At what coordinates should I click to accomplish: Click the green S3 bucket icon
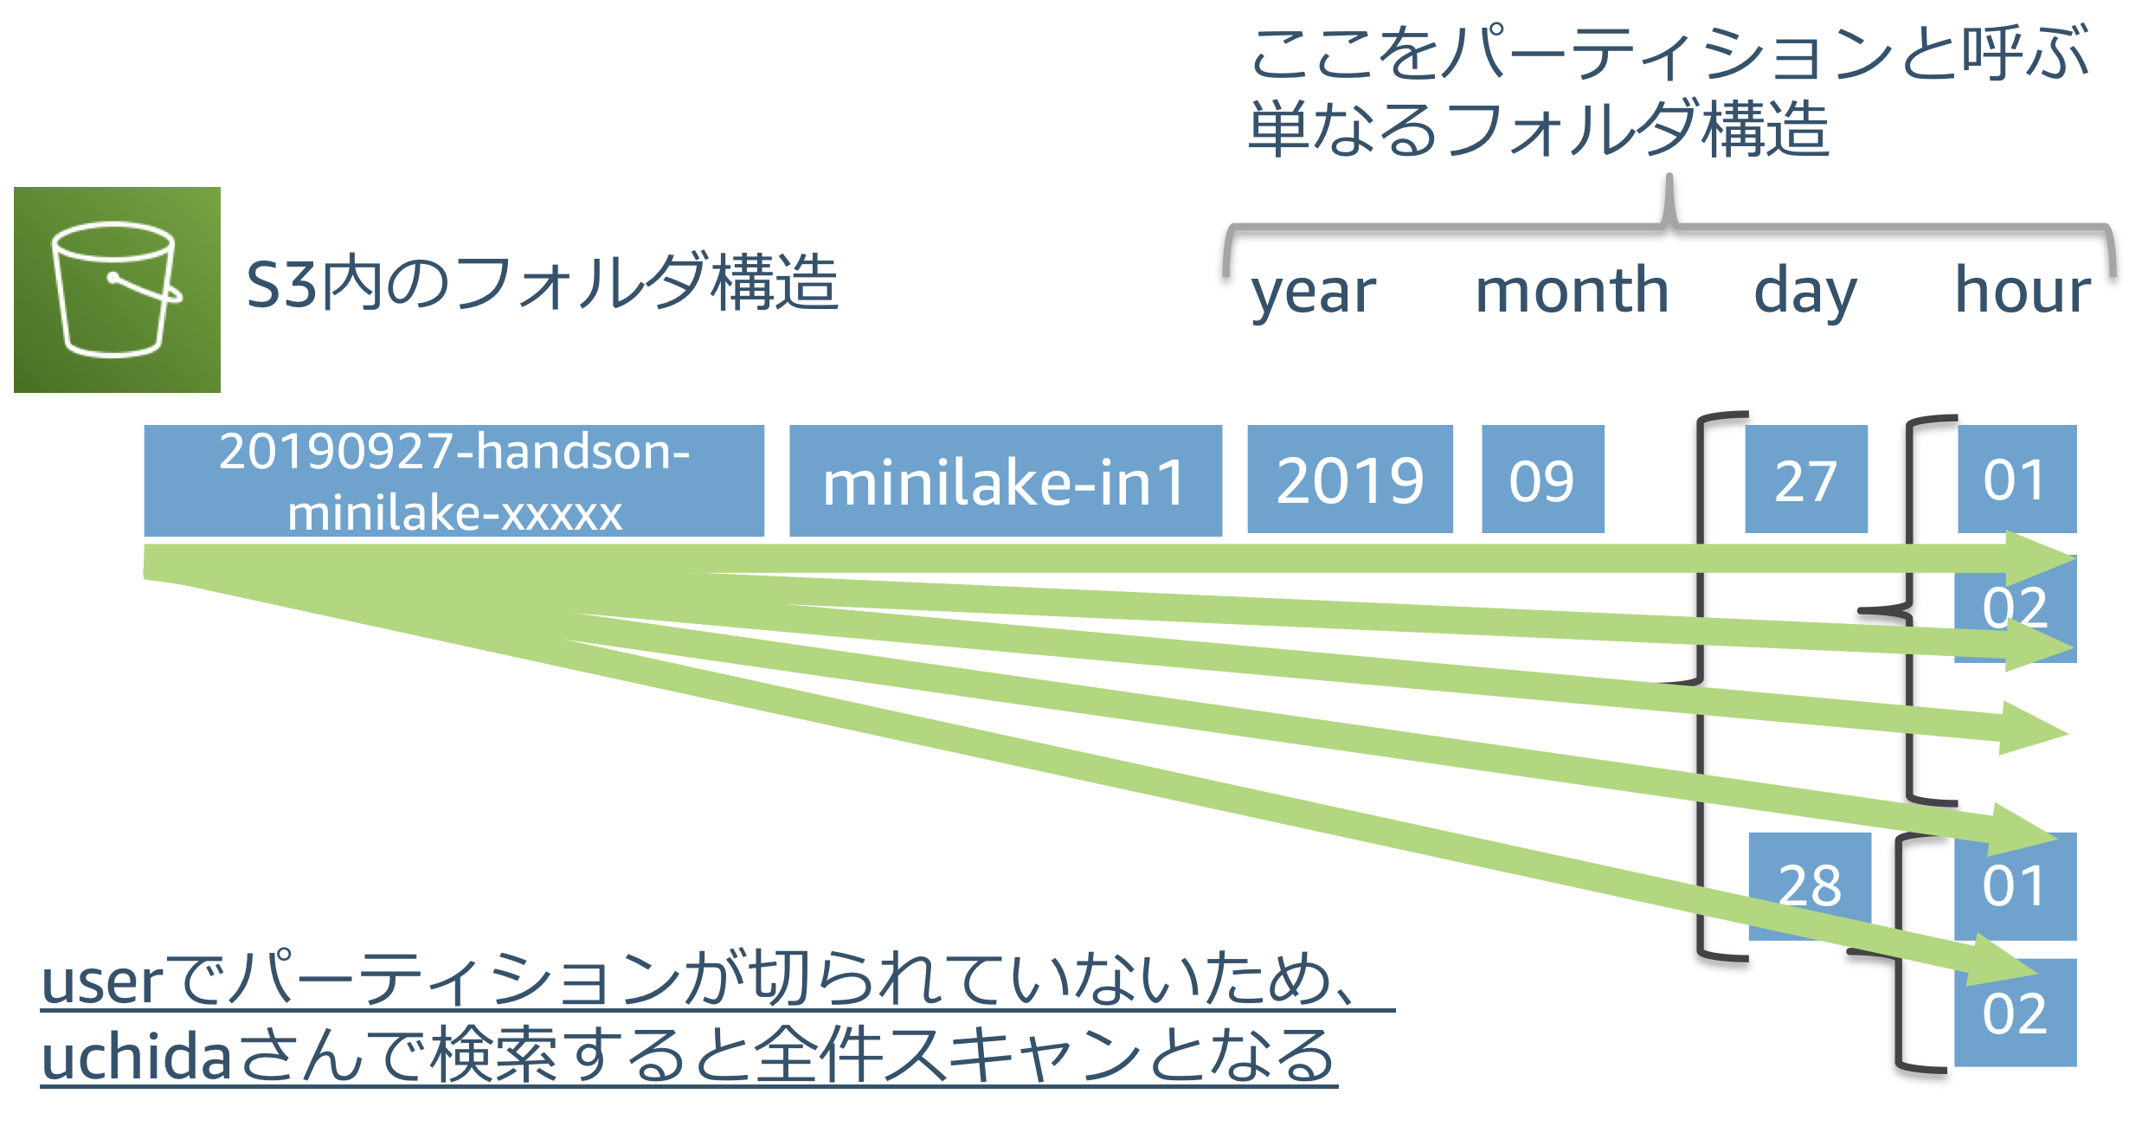pyautogui.click(x=117, y=290)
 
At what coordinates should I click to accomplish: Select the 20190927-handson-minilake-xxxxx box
pyautogui.click(x=454, y=481)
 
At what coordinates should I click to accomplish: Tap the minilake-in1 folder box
pyautogui.click(x=1006, y=481)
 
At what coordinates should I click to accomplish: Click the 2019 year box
pyautogui.click(x=1350, y=479)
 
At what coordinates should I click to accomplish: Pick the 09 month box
pyautogui.click(x=1543, y=479)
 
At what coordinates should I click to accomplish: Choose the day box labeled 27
pyautogui.click(x=1806, y=479)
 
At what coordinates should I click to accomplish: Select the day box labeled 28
pyautogui.click(x=1810, y=886)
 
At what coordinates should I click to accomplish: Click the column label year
pyautogui.click(x=1314, y=292)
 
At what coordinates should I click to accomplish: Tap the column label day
pyautogui.click(x=1806, y=292)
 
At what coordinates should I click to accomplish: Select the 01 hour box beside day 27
pyautogui.click(x=2017, y=479)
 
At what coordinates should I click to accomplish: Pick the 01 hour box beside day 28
pyautogui.click(x=2016, y=886)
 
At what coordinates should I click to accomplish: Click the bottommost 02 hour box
pyautogui.click(x=2016, y=1013)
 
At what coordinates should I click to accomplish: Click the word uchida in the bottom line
pyautogui.click(x=137, y=1055)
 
